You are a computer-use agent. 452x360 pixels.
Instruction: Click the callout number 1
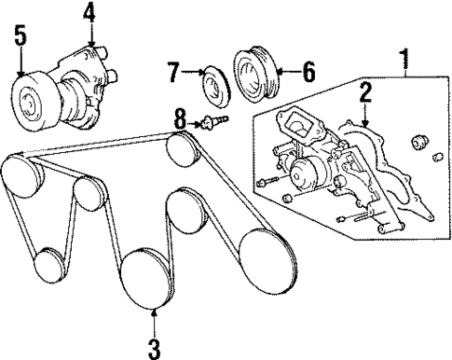pyautogui.click(x=404, y=62)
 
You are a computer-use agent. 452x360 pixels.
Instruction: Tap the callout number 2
pyautogui.click(x=366, y=91)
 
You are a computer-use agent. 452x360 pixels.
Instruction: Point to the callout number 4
pyautogui.click(x=89, y=13)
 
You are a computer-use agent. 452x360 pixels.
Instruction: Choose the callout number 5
pyautogui.click(x=21, y=37)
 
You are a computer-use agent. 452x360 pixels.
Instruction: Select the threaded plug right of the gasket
pyautogui.click(x=420, y=144)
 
